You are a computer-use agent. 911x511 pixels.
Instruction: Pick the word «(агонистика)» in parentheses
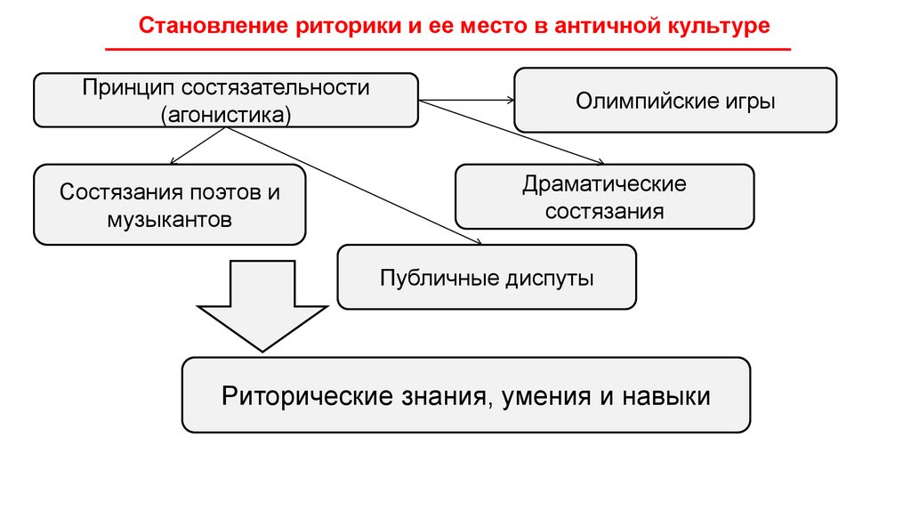[x=226, y=113]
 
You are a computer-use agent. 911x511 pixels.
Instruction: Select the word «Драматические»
[x=604, y=186]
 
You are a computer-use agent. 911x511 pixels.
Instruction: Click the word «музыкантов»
[x=170, y=218]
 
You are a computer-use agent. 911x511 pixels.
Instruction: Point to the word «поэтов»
[x=218, y=192]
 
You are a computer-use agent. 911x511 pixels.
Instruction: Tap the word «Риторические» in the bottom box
[x=303, y=395]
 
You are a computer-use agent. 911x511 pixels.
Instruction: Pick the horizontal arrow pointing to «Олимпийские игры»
[x=466, y=101]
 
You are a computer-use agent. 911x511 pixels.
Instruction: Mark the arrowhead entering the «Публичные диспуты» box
[x=479, y=241]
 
